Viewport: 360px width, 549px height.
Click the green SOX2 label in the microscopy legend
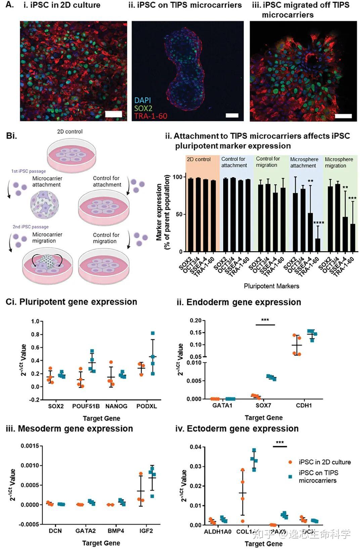(x=143, y=108)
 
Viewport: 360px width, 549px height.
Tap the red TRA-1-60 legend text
(x=150, y=116)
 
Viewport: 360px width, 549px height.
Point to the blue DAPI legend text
(x=142, y=100)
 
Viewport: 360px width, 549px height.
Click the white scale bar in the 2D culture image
(x=114, y=114)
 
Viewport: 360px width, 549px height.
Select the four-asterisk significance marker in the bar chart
(x=319, y=223)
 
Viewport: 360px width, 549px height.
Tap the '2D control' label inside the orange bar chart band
(x=199, y=159)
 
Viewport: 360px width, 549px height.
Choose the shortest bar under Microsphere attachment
(x=317, y=245)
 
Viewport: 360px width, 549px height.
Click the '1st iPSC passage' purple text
(x=29, y=171)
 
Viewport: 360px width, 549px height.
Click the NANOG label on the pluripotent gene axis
(x=116, y=406)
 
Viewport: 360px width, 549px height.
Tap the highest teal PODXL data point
(x=153, y=333)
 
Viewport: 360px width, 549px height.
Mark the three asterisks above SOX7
(x=265, y=320)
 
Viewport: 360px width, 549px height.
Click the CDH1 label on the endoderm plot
(x=304, y=406)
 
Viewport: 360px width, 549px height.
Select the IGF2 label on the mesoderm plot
(x=146, y=531)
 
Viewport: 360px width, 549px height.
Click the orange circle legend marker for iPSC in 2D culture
(x=290, y=462)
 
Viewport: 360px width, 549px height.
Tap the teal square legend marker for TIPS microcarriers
(x=290, y=476)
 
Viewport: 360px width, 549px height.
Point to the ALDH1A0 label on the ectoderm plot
(x=218, y=532)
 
